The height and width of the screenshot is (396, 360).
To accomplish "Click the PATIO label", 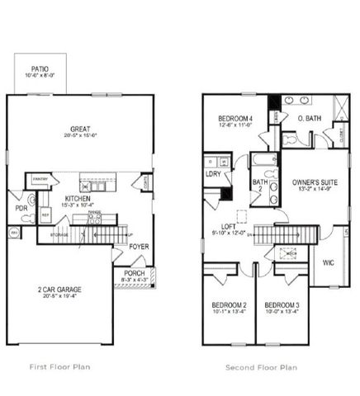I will [x=39, y=69].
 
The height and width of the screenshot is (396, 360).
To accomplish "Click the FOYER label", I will [x=139, y=246].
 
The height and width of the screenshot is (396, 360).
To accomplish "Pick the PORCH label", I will [x=134, y=273].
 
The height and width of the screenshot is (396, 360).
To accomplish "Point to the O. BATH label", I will [x=308, y=119].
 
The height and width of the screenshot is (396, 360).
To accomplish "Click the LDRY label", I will [x=213, y=173].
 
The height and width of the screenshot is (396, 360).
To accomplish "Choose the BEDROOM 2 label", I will [x=226, y=305].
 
